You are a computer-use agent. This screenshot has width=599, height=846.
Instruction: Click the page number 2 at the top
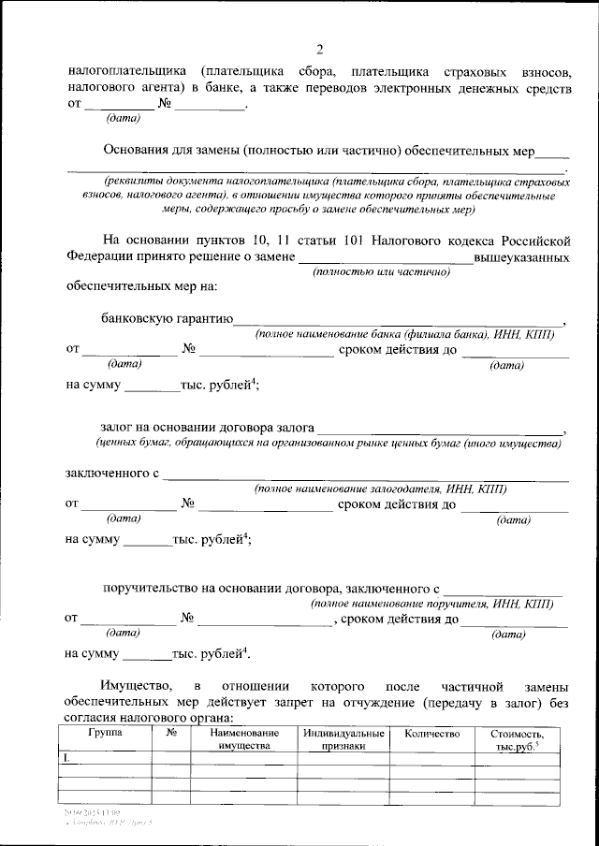319,50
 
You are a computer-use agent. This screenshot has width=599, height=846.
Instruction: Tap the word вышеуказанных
520,255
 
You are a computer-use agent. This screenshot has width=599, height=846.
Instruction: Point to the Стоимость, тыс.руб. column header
519,740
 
